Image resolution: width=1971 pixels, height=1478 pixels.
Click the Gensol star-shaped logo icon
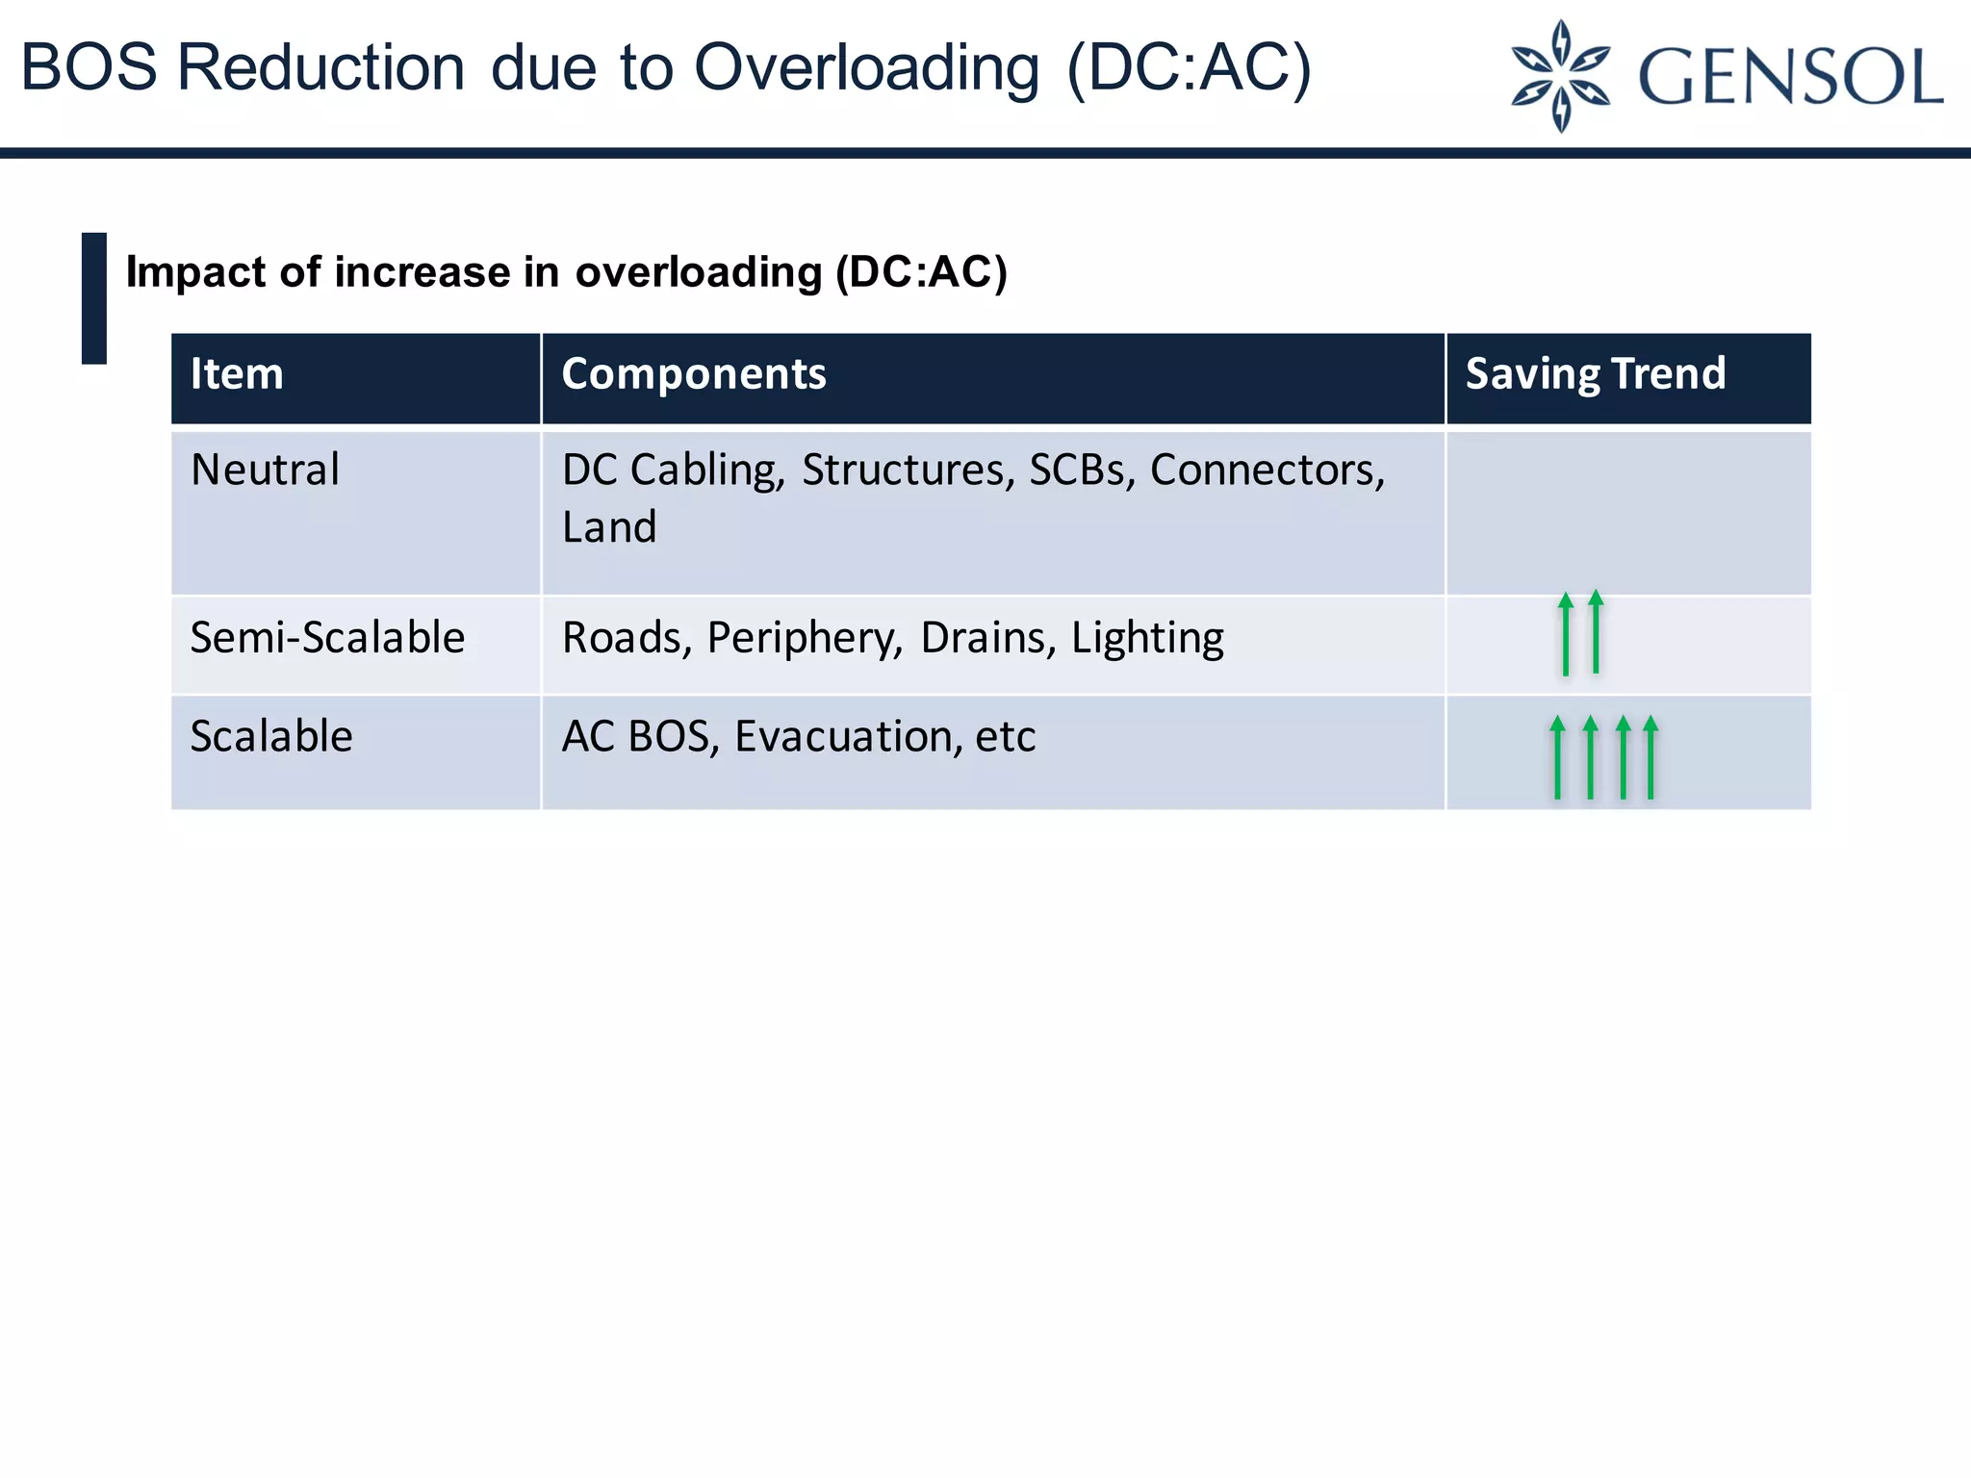click(1560, 75)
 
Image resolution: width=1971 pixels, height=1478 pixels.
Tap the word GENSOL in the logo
click(1790, 77)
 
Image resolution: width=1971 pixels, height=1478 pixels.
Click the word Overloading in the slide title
click(867, 69)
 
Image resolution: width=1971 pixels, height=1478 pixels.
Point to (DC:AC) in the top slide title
click(1190, 69)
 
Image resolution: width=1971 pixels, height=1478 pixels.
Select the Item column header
click(237, 374)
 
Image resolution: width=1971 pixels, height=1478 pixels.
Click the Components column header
click(693, 374)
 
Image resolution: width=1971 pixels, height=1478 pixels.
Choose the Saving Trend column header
click(1595, 374)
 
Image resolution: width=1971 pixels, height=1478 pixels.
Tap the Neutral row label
click(265, 471)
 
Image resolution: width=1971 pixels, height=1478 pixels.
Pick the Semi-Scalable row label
click(327, 638)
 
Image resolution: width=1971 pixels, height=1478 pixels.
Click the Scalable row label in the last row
click(271, 737)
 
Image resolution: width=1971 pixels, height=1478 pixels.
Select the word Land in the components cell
click(609, 527)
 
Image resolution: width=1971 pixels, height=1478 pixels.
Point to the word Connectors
click(1267, 471)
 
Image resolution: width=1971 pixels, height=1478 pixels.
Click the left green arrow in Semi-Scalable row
click(1566, 634)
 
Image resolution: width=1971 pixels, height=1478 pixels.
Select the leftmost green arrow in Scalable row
click(1558, 757)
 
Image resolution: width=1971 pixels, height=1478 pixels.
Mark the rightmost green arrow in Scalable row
click(1651, 757)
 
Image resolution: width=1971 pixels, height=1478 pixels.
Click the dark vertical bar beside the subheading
click(94, 298)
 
